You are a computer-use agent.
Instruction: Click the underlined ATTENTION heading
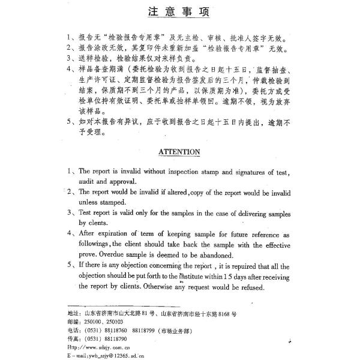(179, 152)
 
